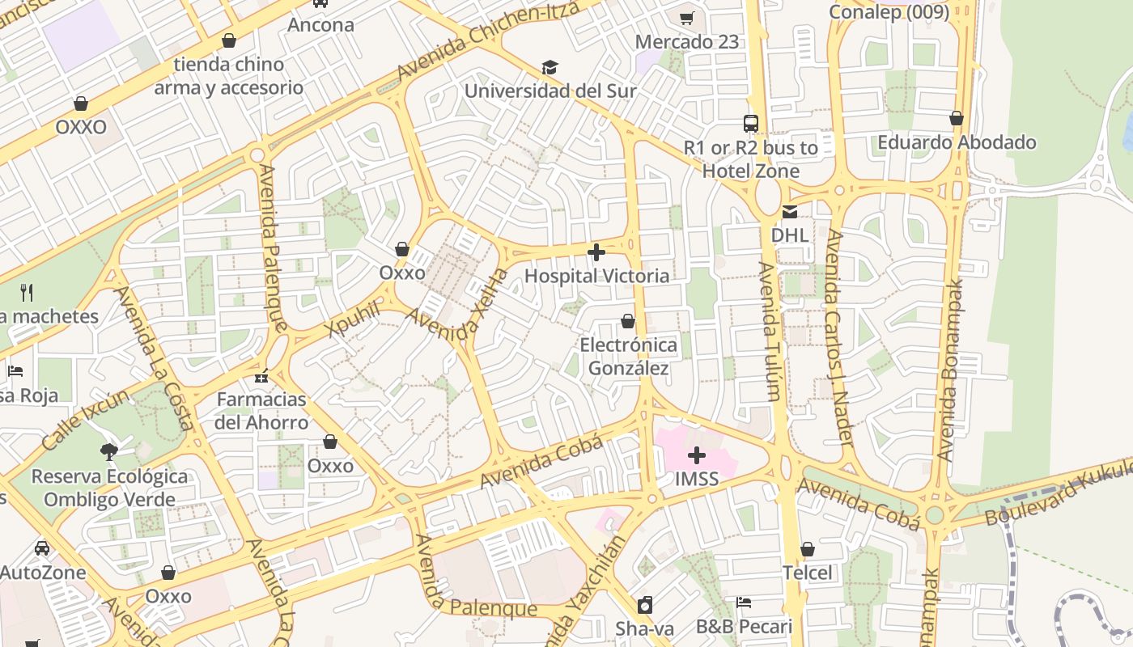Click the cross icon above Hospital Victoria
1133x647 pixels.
[x=596, y=253]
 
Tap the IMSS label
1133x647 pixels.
[x=697, y=479]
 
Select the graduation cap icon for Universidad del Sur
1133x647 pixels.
[x=550, y=67]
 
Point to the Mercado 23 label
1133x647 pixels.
[x=687, y=42]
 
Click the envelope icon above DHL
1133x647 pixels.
[x=789, y=213]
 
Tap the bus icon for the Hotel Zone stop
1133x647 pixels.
[x=751, y=124]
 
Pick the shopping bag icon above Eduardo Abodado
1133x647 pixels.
[x=957, y=119]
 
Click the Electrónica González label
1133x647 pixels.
[x=629, y=357]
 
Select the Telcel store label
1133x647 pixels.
[x=807, y=573]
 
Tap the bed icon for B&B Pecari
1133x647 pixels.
[x=744, y=603]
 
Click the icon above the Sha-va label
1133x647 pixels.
[x=645, y=605]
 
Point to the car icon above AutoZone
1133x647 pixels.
[x=42, y=548]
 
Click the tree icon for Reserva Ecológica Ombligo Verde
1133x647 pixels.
[x=109, y=451]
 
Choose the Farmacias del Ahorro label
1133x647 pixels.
[x=261, y=411]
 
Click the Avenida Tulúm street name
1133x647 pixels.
[x=770, y=332]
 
